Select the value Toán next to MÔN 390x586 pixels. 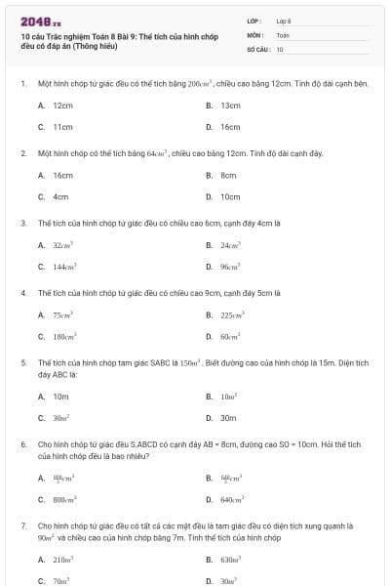tap(283, 34)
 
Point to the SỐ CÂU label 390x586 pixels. tap(256, 48)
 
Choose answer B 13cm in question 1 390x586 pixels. tap(228, 105)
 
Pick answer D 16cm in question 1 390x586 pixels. tap(228, 127)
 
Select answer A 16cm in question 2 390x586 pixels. tap(61, 175)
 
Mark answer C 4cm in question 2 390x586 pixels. tap(59, 196)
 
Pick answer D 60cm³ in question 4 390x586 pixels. tap(229, 336)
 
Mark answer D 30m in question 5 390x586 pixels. tap(228, 417)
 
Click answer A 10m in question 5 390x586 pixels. tap(59, 397)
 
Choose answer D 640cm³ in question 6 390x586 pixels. tap(231, 499)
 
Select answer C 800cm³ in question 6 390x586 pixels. tap(63, 499)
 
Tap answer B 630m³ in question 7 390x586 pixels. tap(230, 560)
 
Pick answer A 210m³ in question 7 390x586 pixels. tap(62, 560)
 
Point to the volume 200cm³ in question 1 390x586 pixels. tap(199, 84)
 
